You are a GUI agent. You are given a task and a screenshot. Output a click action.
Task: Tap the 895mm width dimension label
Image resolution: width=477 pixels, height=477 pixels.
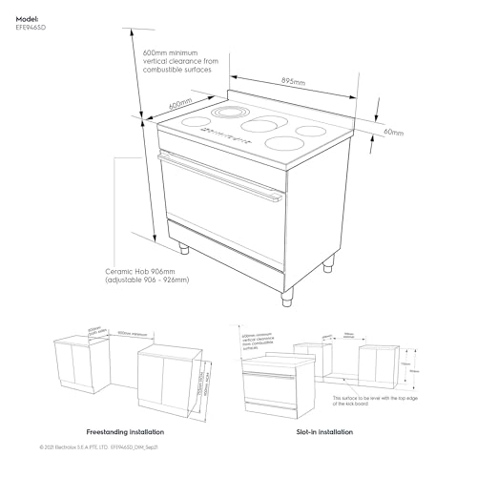coord(292,83)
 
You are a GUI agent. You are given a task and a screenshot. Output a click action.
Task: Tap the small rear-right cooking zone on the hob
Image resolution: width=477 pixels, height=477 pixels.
coord(311,131)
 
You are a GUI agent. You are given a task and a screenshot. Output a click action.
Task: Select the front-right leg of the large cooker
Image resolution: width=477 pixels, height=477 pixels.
coord(286,298)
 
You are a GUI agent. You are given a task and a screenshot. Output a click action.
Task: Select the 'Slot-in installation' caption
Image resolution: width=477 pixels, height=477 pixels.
coord(348,431)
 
